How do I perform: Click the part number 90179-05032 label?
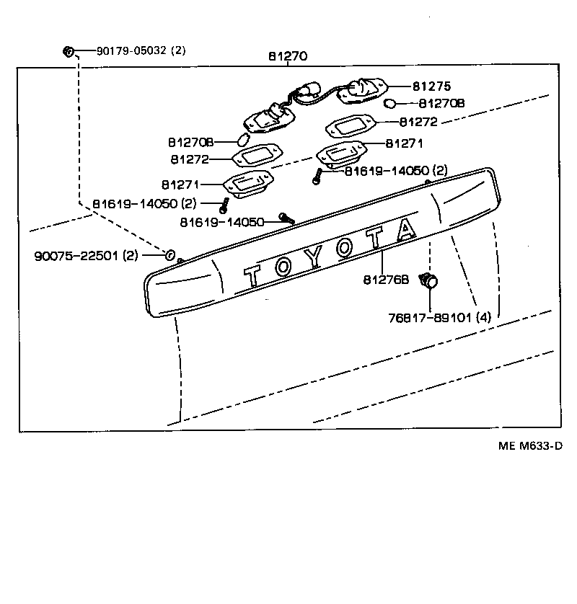coord(141,50)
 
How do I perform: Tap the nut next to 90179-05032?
coord(69,51)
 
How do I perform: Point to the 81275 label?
coord(431,86)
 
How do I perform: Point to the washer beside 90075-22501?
coord(169,254)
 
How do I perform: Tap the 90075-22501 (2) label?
coord(87,256)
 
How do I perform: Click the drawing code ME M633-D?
coord(529,445)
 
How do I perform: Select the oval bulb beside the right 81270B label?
coord(389,104)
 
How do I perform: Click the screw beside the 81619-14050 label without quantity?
coord(286,217)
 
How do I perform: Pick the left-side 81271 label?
coord(181,185)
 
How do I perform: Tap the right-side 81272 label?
coord(418,123)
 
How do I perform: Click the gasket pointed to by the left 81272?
coord(257,157)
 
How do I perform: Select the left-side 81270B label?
coord(191,142)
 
